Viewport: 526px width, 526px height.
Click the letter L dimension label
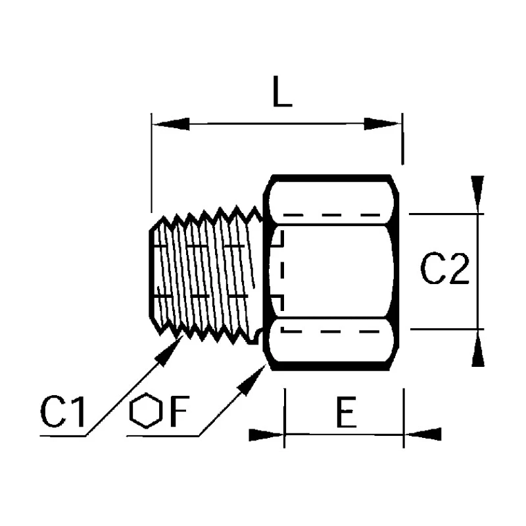[283, 91]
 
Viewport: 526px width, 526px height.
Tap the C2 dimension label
[444, 269]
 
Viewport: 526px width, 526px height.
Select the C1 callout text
[62, 412]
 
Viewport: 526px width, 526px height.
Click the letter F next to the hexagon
[179, 412]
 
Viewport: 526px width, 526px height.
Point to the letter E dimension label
[347, 412]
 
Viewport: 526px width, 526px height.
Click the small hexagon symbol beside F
[146, 410]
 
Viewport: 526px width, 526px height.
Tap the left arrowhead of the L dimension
[171, 124]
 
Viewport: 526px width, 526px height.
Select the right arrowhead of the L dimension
[383, 124]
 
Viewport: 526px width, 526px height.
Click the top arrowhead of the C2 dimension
[477, 195]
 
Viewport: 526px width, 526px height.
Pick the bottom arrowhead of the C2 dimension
[478, 348]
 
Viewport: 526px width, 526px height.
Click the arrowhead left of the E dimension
[266, 435]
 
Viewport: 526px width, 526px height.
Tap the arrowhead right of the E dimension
[423, 434]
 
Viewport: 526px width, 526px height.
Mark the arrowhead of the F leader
[252, 380]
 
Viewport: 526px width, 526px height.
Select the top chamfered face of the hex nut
[331, 201]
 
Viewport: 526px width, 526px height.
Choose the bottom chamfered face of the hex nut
[331, 341]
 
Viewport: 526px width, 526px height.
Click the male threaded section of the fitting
[205, 275]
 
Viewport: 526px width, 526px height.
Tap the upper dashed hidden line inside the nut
[331, 215]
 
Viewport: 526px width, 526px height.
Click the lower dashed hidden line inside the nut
[331, 331]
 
